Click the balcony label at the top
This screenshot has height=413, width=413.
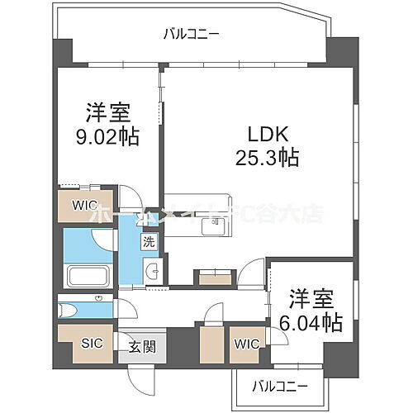coord(191,34)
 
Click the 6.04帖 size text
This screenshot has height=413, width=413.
coord(315,323)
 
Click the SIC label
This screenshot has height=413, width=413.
coord(91,343)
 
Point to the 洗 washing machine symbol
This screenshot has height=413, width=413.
coord(149,243)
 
